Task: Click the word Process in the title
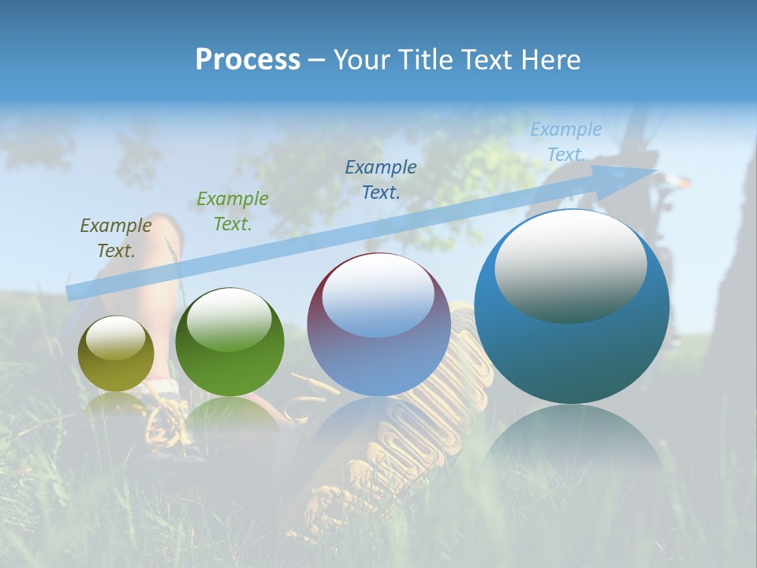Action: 248,60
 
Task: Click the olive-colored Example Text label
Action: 116,238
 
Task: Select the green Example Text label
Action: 233,211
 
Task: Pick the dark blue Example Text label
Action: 381,179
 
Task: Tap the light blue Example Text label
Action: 565,142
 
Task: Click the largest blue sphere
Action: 572,347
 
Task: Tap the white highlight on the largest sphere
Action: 570,265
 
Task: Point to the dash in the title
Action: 317,60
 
